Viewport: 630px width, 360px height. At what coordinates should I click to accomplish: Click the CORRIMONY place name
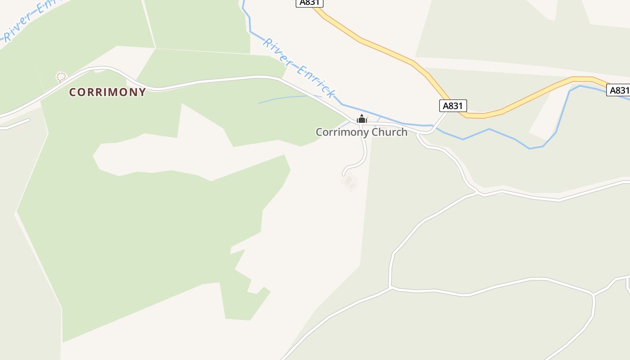pyautogui.click(x=107, y=92)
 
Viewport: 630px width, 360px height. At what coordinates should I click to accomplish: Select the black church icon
pyautogui.click(x=361, y=119)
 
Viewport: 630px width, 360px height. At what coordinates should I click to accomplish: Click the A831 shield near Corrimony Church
pyautogui.click(x=453, y=106)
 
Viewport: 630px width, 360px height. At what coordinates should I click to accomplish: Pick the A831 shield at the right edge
pyautogui.click(x=619, y=90)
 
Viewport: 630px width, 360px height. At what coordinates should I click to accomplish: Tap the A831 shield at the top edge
pyautogui.click(x=310, y=2)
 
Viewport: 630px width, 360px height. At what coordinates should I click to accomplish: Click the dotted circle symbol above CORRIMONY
pyautogui.click(x=61, y=77)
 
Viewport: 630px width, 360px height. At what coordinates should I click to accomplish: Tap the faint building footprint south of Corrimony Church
pyautogui.click(x=349, y=182)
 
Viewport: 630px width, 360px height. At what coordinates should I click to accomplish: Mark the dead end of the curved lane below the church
pyautogui.click(x=344, y=174)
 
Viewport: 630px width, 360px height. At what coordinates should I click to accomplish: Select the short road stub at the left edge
pyautogui.click(x=16, y=124)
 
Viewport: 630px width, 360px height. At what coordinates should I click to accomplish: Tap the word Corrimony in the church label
pyautogui.click(x=338, y=132)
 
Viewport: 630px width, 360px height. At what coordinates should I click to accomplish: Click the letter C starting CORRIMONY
pyautogui.click(x=72, y=92)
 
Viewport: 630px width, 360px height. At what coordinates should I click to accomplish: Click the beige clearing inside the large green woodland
pyautogui.click(x=189, y=153)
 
